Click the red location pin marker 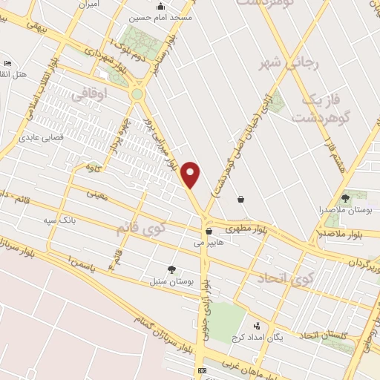[191, 174]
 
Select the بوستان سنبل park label [171, 281]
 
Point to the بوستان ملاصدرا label [344, 211]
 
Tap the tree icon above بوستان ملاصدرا [345, 198]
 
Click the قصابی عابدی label [42, 137]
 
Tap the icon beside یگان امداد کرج [257, 326]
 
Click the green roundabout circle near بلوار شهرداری [137, 94]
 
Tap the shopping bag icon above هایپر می [209, 231]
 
